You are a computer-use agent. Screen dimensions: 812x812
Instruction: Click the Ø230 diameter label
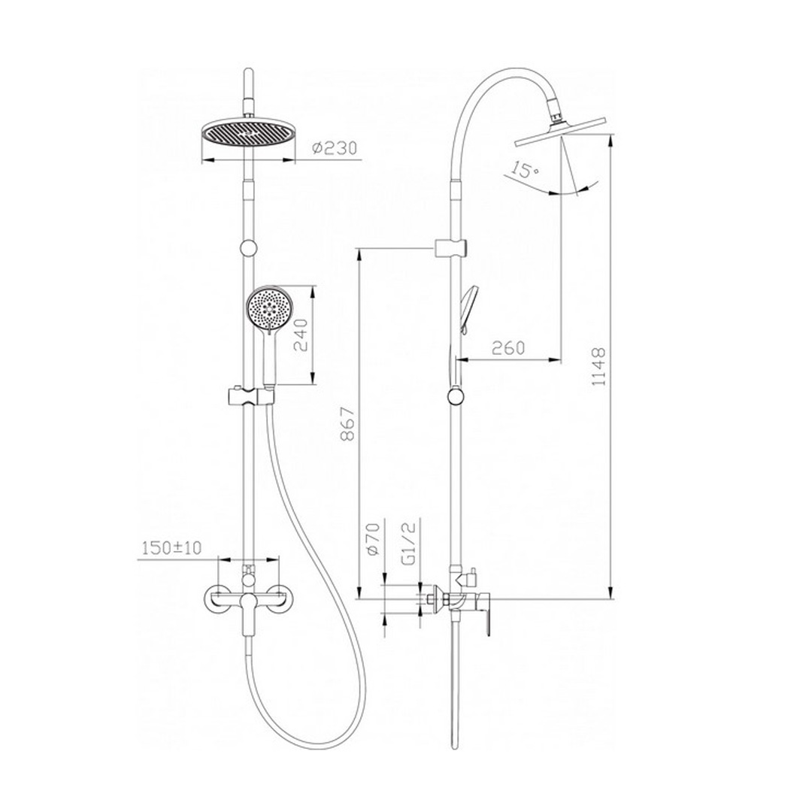pos(335,148)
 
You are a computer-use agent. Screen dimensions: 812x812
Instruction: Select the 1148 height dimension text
pos(598,367)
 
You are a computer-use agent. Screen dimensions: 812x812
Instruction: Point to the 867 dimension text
pos(348,423)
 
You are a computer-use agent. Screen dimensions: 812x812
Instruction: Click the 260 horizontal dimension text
pos(508,347)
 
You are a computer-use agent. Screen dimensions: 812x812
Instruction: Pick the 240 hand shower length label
pos(300,335)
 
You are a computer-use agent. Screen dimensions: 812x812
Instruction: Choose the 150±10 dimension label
pos(172,547)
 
